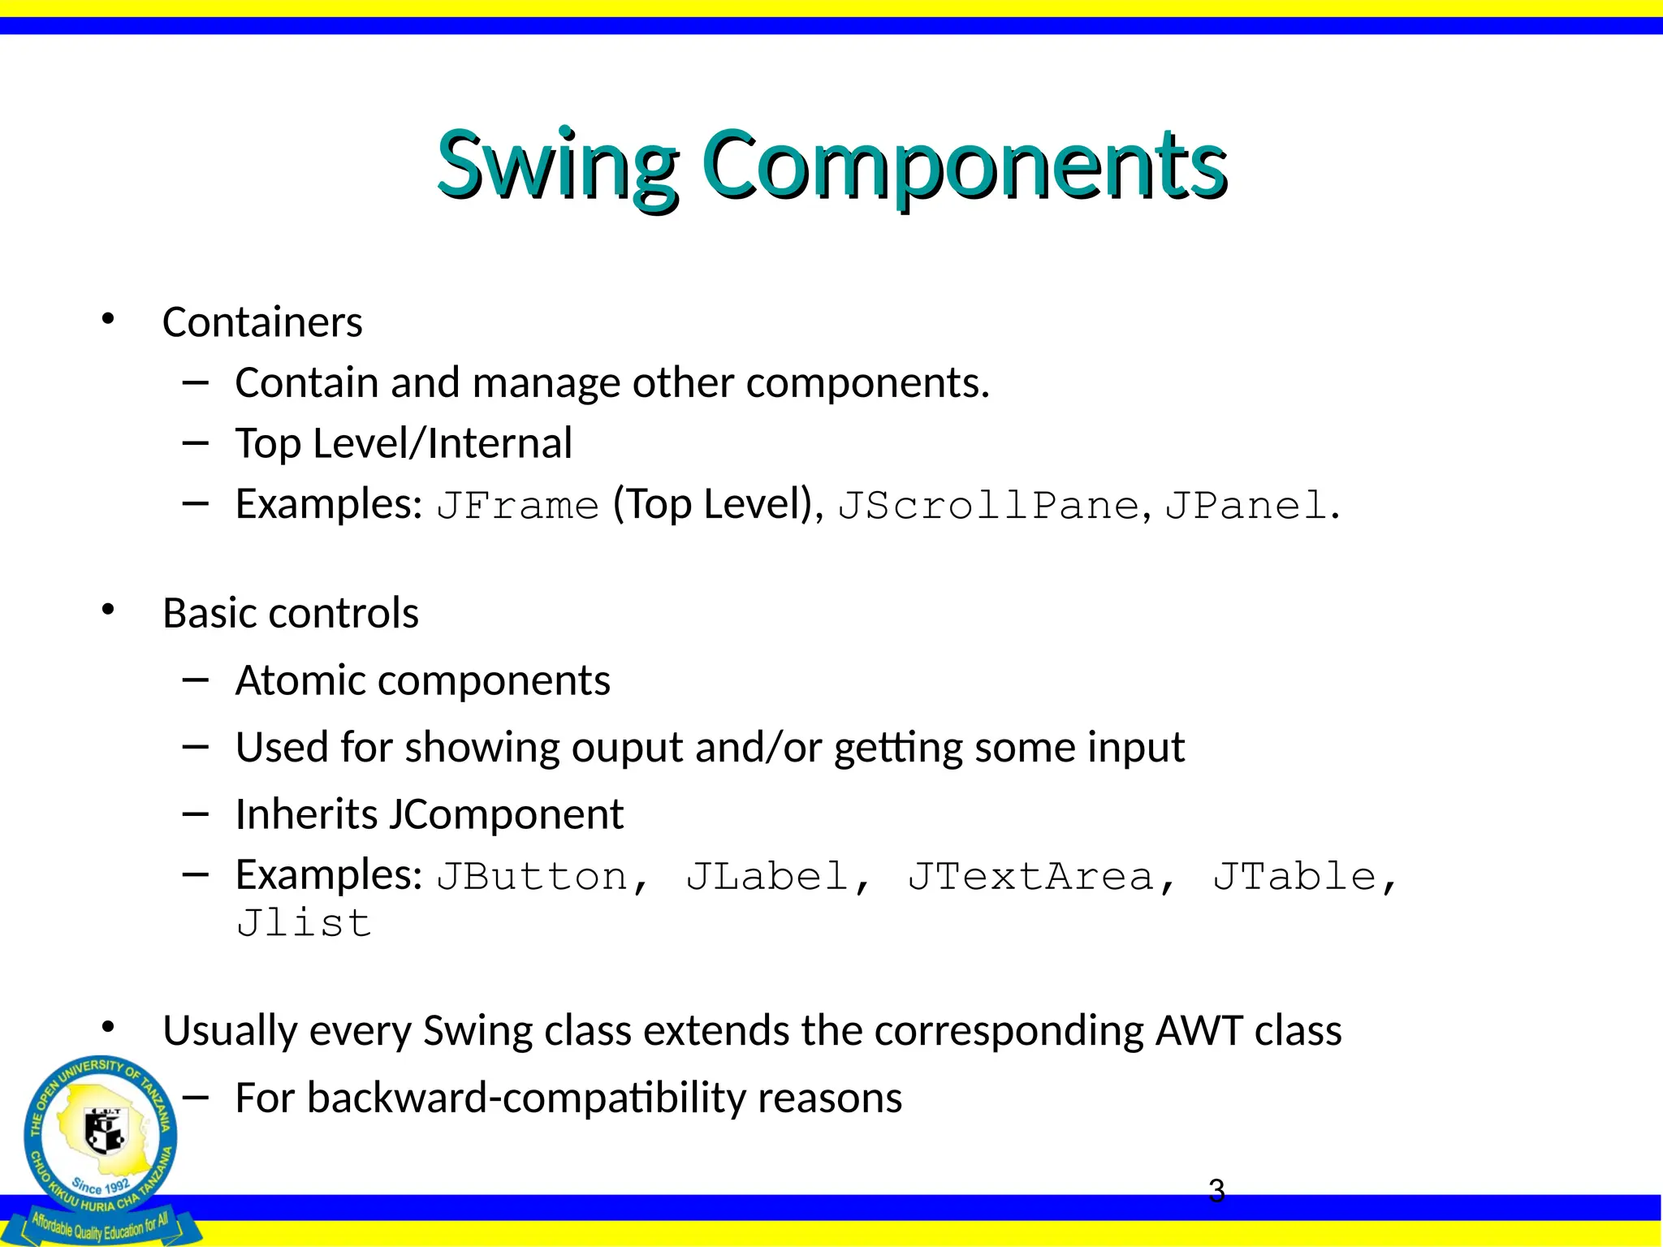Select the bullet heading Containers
(x=262, y=322)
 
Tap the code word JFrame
(x=518, y=506)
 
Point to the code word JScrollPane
(x=989, y=506)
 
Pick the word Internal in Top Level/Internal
(x=500, y=443)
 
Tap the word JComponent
(x=506, y=814)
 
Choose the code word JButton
(x=533, y=877)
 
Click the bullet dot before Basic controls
(x=108, y=611)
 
